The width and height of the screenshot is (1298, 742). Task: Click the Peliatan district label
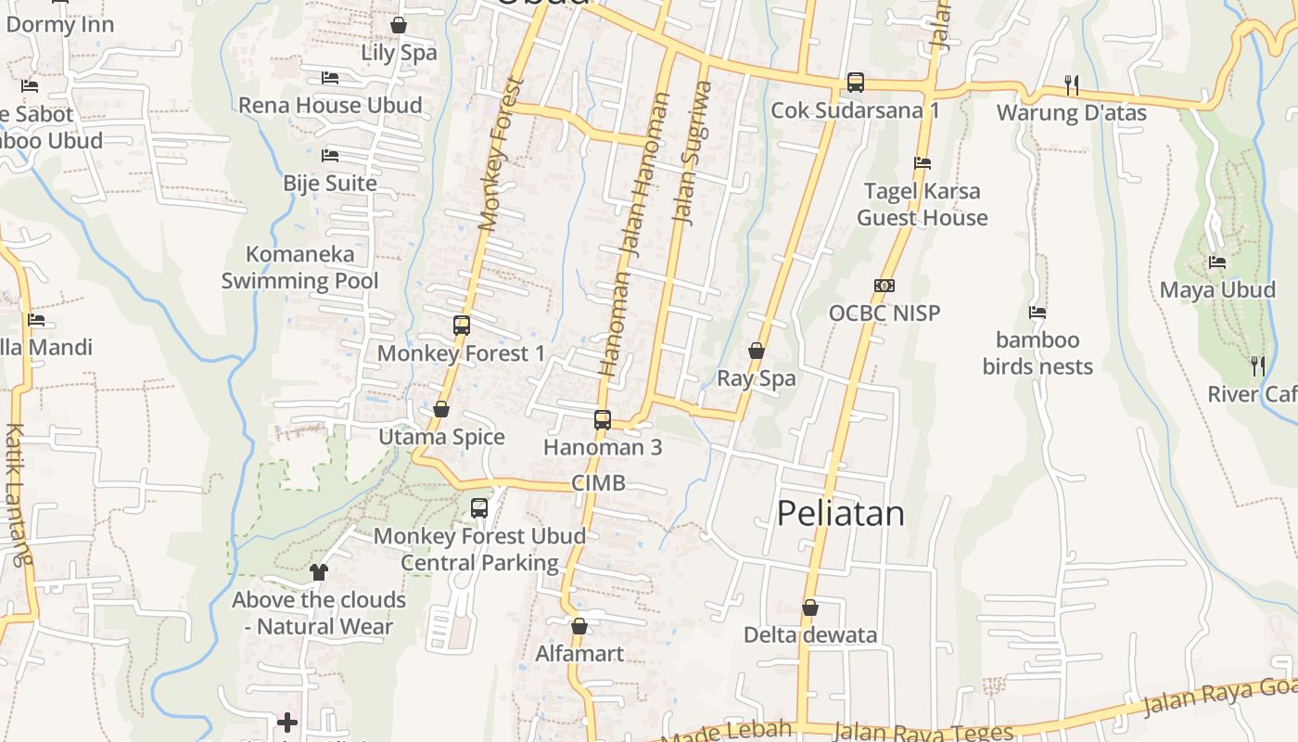(x=840, y=513)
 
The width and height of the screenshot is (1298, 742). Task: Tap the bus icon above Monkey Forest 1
(x=462, y=326)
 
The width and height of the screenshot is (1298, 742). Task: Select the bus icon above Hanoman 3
(x=603, y=419)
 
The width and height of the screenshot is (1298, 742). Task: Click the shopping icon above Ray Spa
(x=757, y=351)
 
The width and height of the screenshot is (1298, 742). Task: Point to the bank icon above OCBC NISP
(x=884, y=286)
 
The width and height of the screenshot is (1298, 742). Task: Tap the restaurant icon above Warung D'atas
(x=1072, y=85)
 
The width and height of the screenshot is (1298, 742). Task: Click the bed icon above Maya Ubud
(x=1217, y=262)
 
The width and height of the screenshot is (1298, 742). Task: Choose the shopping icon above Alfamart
(x=579, y=626)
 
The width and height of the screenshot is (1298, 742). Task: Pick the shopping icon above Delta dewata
(x=810, y=608)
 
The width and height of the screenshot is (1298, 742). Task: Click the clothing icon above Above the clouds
(x=319, y=572)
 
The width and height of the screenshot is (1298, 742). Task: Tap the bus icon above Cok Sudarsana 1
(x=856, y=83)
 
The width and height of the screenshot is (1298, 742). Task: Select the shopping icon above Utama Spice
(x=441, y=409)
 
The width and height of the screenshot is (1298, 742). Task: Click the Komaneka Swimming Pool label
(x=299, y=267)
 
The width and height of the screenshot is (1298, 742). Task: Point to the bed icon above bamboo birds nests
(x=1037, y=313)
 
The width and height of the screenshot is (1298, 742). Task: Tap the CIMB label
(x=598, y=482)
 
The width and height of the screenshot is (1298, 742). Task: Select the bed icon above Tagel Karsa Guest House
(x=922, y=163)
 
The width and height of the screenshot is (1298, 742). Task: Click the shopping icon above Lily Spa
(x=399, y=25)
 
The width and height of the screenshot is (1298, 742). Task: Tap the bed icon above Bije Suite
(x=330, y=156)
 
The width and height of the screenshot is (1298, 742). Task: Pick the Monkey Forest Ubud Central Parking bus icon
(x=479, y=508)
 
